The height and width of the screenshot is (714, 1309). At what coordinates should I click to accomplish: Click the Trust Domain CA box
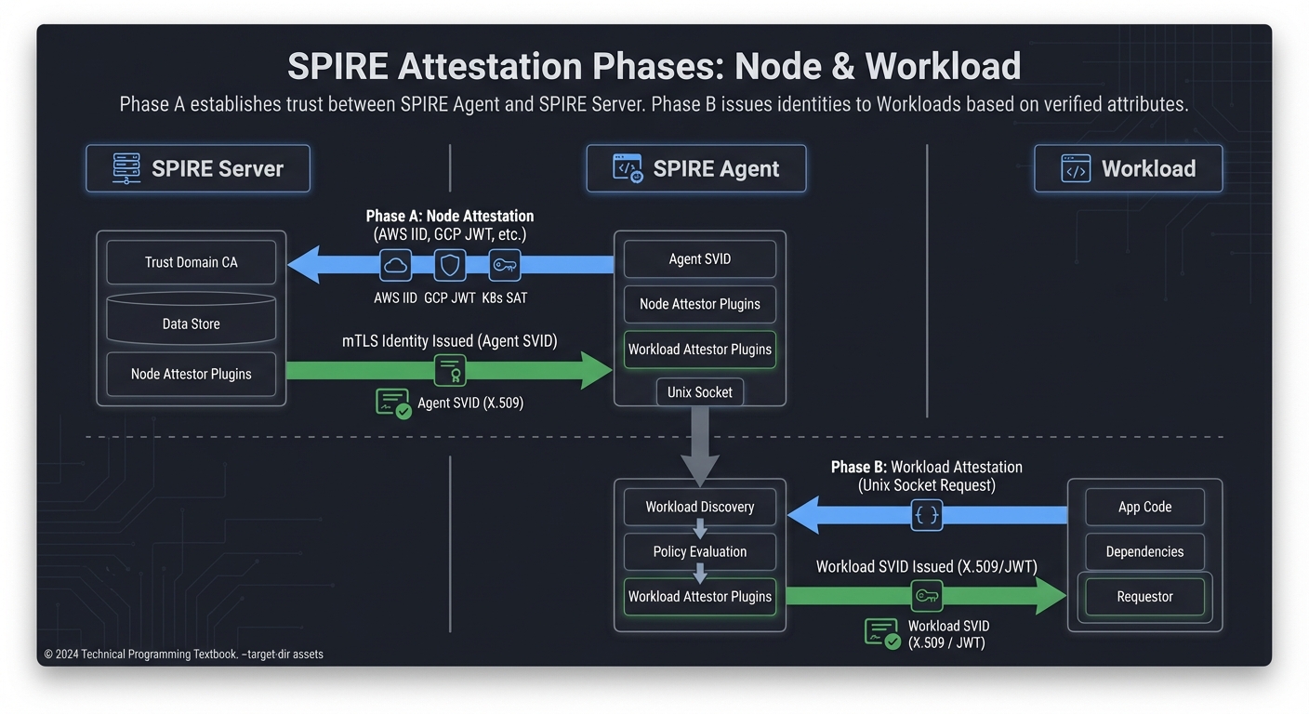click(191, 262)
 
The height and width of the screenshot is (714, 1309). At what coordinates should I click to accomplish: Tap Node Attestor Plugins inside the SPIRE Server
click(191, 374)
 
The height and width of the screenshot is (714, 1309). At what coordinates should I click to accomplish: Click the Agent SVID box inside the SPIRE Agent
click(699, 259)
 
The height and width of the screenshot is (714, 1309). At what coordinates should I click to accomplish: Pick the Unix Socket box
click(699, 392)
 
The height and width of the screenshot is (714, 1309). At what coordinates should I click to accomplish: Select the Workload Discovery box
click(699, 507)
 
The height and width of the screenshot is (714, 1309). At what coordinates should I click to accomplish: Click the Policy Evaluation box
click(699, 551)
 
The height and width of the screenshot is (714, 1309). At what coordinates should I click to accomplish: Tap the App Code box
click(1144, 507)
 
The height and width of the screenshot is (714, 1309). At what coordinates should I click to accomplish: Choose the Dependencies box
click(1144, 551)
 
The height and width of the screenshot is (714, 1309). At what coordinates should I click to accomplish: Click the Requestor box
click(1144, 597)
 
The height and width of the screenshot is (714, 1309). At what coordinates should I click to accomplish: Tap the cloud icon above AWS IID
click(396, 266)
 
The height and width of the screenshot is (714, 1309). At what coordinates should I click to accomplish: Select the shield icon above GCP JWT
click(450, 266)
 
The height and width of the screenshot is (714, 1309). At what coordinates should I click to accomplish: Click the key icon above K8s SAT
click(505, 266)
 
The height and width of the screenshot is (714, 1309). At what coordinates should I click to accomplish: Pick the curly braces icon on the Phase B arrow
click(926, 515)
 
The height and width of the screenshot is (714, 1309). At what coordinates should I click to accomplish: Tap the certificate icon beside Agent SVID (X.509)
click(393, 403)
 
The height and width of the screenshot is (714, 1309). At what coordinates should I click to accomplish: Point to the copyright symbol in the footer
click(48, 654)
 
